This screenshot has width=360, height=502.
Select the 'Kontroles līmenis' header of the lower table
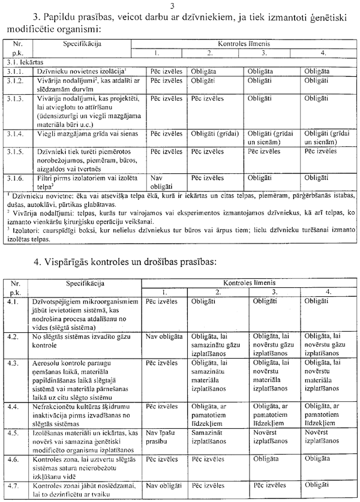point(250,281)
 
